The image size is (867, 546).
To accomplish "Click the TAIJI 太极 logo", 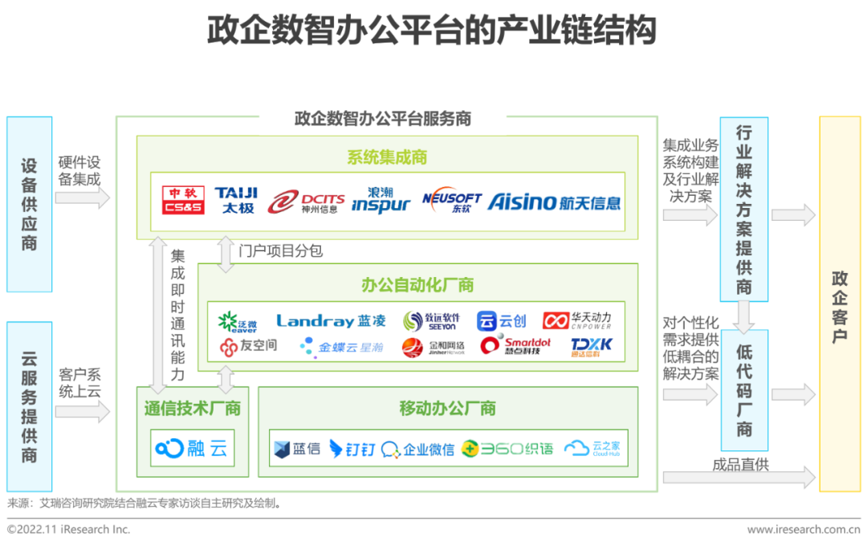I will (236, 200).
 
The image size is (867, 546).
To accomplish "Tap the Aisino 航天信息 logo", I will (554, 201).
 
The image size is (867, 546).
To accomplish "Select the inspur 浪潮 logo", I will (381, 200).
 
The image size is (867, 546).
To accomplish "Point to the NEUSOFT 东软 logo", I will (451, 201).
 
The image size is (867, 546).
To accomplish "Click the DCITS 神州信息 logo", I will (307, 202).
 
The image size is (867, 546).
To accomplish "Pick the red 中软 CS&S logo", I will (183, 200).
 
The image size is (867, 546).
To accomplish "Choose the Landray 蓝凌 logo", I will (331, 321).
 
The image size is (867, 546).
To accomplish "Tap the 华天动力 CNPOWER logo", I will (577, 321).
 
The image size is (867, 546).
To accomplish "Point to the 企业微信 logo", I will (417, 449).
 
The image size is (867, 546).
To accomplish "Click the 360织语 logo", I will (507, 449).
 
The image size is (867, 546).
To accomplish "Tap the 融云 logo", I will (192, 448).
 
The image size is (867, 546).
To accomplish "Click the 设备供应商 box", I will (29, 204).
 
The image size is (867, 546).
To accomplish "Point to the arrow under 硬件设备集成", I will (82, 198).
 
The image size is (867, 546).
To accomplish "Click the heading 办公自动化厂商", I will (417, 285).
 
